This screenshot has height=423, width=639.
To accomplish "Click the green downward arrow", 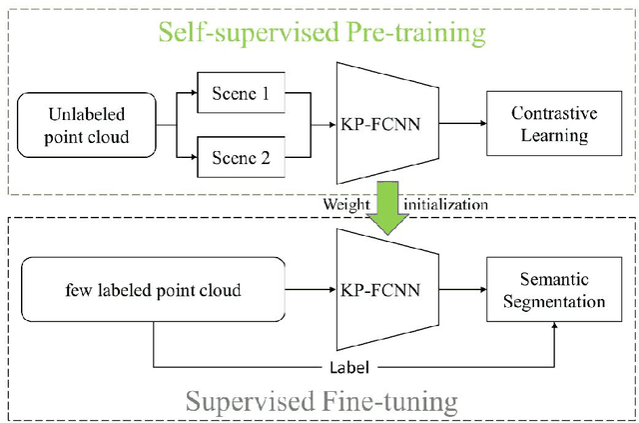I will click(383, 205).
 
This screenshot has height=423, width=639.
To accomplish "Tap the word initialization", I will click(444, 204).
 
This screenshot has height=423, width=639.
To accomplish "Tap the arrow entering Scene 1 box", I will click(187, 96).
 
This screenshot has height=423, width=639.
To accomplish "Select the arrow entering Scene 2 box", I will click(187, 156).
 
